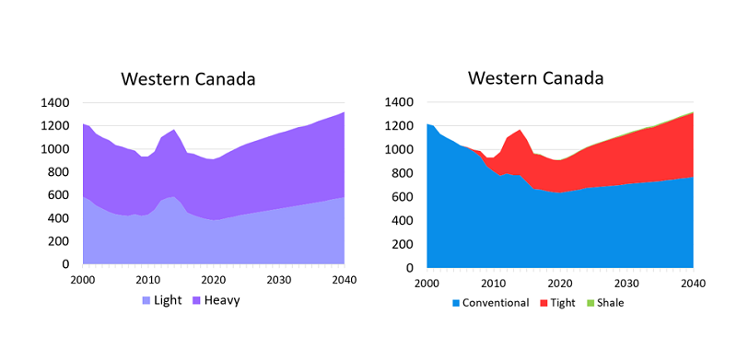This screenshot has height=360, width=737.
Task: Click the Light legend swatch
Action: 146,300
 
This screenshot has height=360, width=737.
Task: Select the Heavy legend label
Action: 222,301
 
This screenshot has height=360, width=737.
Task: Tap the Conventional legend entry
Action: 491,303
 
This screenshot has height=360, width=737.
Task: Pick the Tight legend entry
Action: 558,303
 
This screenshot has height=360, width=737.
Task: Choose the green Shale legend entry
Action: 606,303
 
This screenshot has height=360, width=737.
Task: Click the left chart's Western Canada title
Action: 189,79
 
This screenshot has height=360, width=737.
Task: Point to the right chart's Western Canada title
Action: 536,78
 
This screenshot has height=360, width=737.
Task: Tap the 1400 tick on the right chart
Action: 400,102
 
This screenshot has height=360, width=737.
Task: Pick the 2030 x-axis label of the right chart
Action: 626,284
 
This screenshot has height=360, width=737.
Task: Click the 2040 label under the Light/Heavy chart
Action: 345,280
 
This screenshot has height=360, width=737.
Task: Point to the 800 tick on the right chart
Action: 404,173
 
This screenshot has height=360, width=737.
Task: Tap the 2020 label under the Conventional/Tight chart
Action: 560,284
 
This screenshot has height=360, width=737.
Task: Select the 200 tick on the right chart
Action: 404,244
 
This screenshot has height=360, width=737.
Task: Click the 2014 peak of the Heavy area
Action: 174,129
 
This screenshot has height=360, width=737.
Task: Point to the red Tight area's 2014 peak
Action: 520,130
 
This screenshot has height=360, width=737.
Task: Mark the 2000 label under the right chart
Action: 427,284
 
